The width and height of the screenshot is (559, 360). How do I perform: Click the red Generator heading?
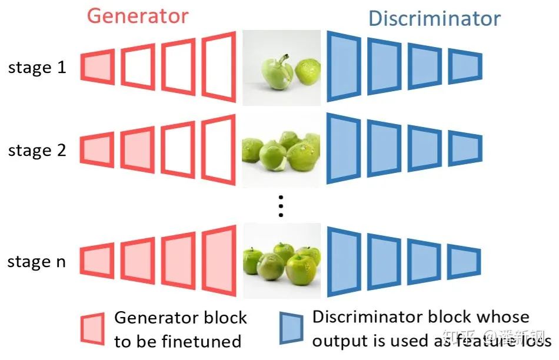click(x=138, y=15)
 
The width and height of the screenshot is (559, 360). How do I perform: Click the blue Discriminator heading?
click(x=434, y=19)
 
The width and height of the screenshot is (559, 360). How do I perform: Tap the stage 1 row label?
click(x=37, y=68)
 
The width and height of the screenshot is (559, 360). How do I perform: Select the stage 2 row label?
click(x=37, y=151)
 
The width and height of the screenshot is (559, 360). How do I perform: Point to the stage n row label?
click(x=36, y=262)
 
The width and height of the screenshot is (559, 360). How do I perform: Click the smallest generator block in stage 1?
click(x=97, y=66)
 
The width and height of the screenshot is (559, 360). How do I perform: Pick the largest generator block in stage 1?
click(x=219, y=66)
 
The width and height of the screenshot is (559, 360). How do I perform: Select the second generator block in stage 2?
click(x=138, y=149)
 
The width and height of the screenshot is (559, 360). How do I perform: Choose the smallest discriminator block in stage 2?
click(x=465, y=147)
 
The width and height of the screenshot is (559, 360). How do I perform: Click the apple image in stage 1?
click(x=281, y=68)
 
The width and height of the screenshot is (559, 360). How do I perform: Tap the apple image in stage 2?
click(x=281, y=150)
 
